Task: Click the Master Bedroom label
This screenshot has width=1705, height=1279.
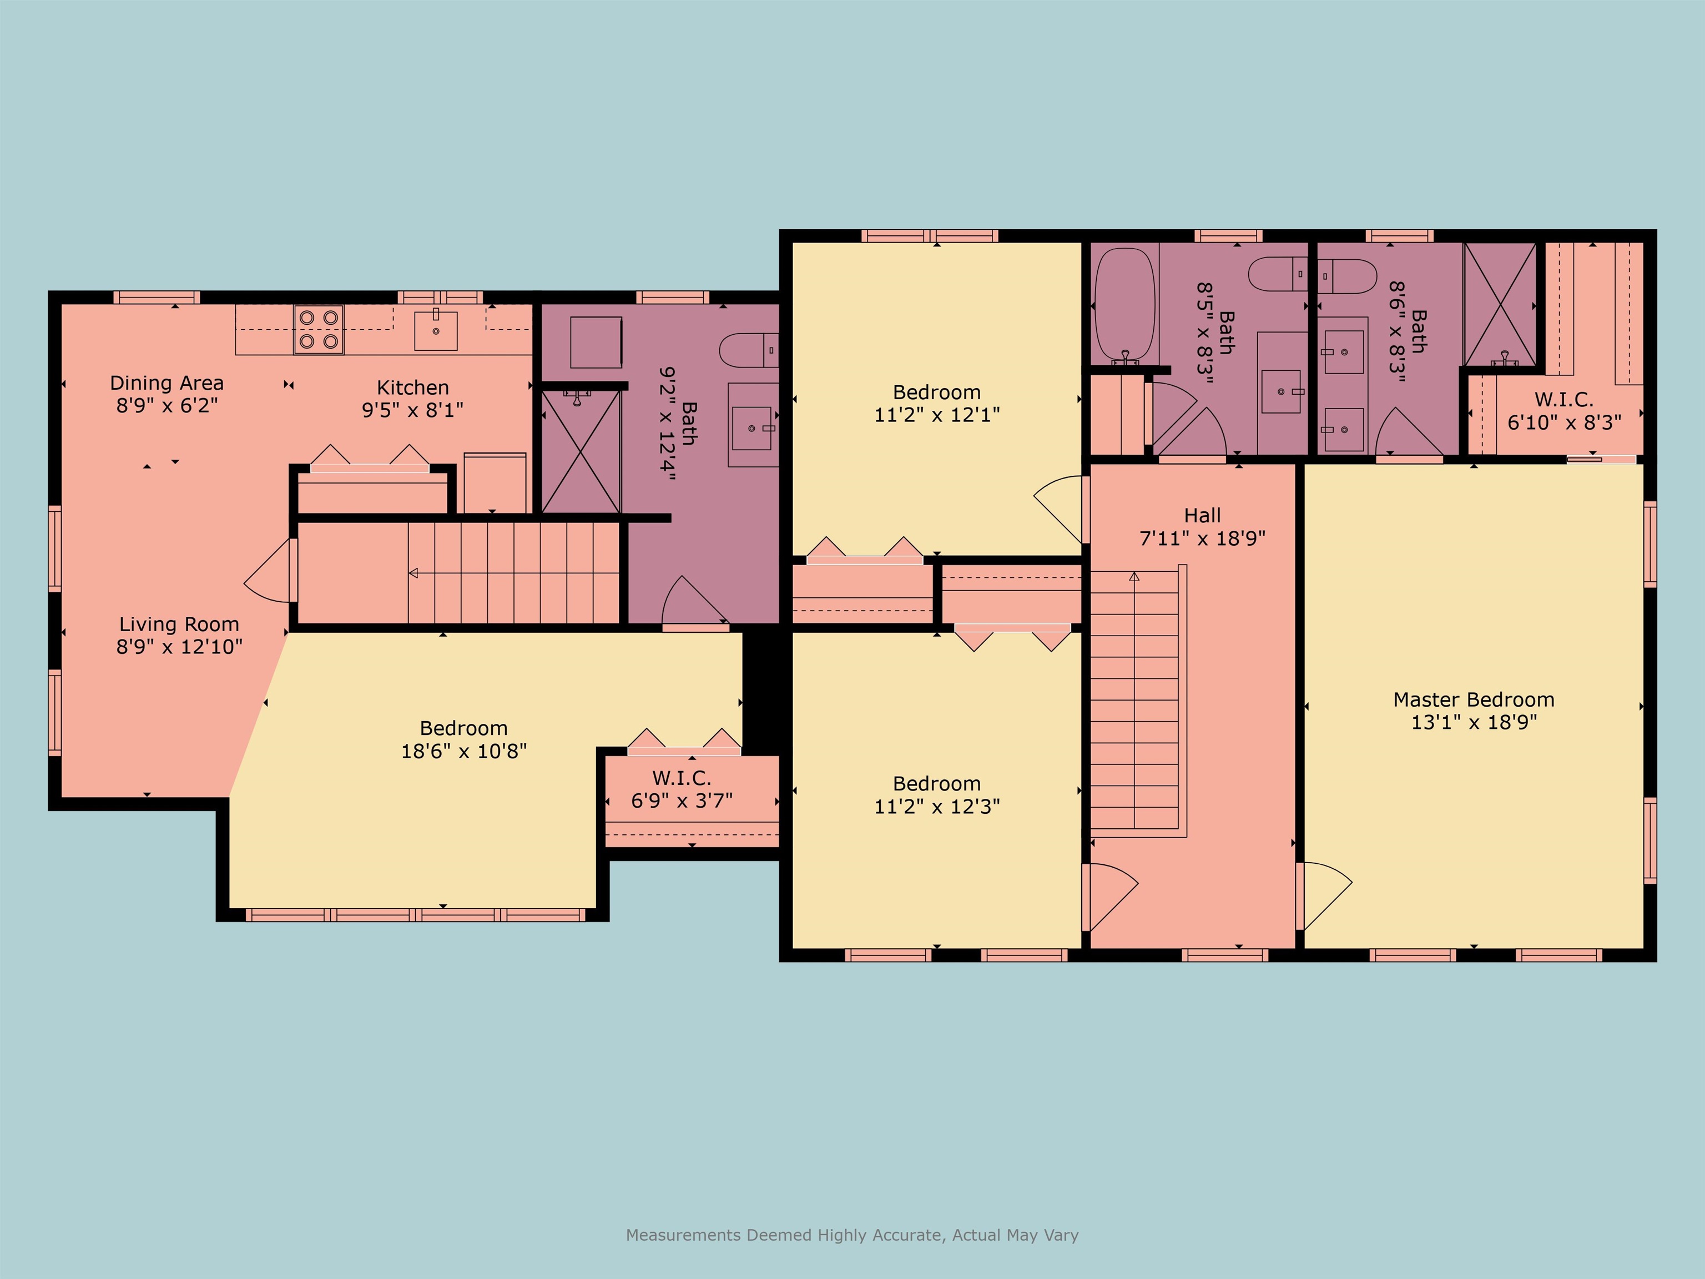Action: click(x=1474, y=699)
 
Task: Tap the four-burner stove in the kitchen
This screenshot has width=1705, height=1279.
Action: click(x=319, y=329)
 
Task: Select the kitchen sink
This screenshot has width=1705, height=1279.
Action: click(x=436, y=329)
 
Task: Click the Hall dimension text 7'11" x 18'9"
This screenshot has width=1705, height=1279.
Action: click(x=1203, y=538)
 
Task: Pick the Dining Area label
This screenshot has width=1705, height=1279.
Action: click(x=167, y=382)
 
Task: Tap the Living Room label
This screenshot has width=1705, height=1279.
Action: click(x=179, y=624)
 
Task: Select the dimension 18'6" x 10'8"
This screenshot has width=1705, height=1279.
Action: click(x=464, y=751)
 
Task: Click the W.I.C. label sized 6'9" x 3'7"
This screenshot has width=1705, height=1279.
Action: click(x=682, y=777)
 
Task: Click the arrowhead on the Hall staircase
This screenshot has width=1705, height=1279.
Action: click(x=1134, y=576)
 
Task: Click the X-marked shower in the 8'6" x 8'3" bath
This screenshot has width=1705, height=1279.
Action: click(x=1500, y=305)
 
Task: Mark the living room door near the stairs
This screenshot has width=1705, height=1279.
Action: click(x=270, y=571)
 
